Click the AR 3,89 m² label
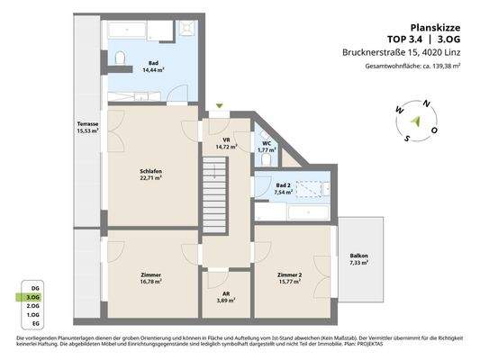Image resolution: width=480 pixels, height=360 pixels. tap(226, 297)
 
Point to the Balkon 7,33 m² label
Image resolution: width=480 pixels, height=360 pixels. tap(358, 259)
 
